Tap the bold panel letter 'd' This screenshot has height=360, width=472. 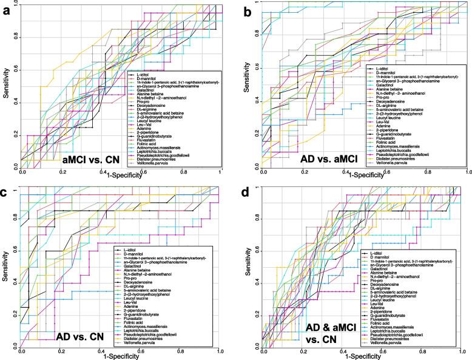[x=245, y=194]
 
